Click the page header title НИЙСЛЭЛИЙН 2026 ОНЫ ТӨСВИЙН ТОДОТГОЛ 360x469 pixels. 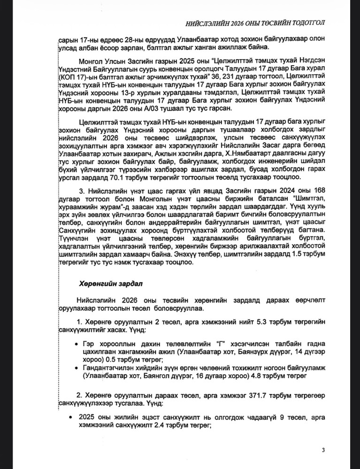click(x=262, y=23)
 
